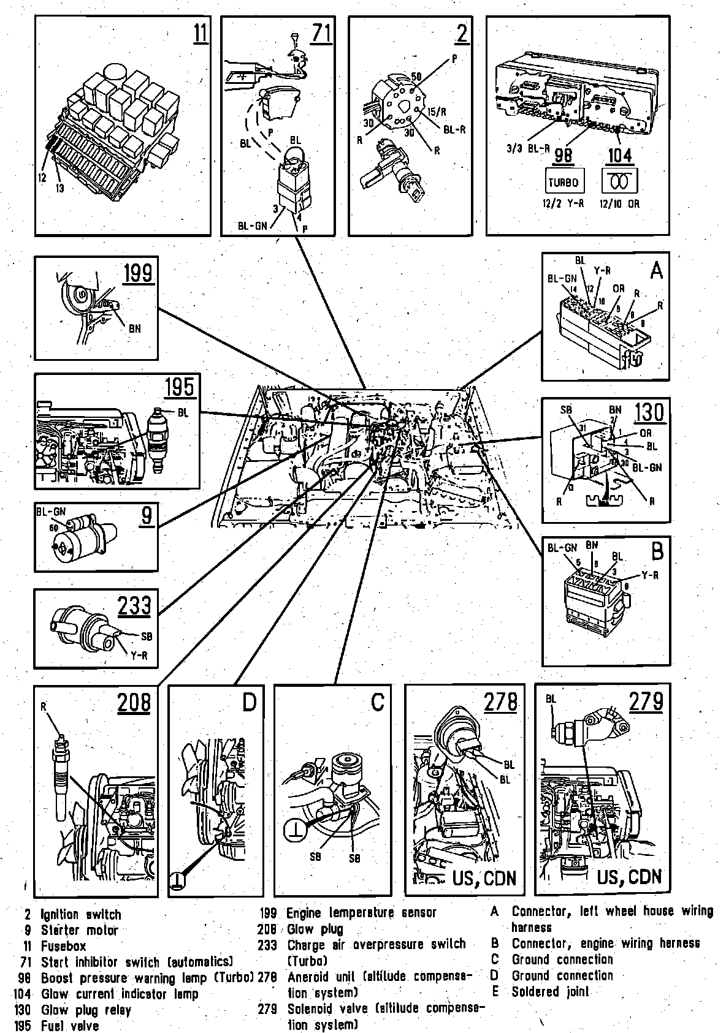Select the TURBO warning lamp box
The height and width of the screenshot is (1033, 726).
[563, 182]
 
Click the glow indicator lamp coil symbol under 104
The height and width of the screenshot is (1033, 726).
[621, 182]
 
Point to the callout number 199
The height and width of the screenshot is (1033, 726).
[138, 273]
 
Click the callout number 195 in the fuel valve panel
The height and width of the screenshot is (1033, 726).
[179, 388]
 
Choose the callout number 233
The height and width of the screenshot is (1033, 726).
[134, 605]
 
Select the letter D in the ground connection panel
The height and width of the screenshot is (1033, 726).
[248, 703]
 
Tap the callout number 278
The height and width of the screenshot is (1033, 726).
[500, 702]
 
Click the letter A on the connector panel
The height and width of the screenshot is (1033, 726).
[656, 270]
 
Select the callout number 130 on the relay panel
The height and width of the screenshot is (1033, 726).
[649, 413]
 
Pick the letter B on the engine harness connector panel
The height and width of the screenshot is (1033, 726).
[657, 552]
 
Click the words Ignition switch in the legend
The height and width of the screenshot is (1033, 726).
[81, 915]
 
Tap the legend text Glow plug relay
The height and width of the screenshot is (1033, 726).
[86, 1010]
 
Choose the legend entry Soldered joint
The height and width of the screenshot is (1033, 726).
[550, 991]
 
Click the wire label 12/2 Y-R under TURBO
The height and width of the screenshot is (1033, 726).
[562, 203]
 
